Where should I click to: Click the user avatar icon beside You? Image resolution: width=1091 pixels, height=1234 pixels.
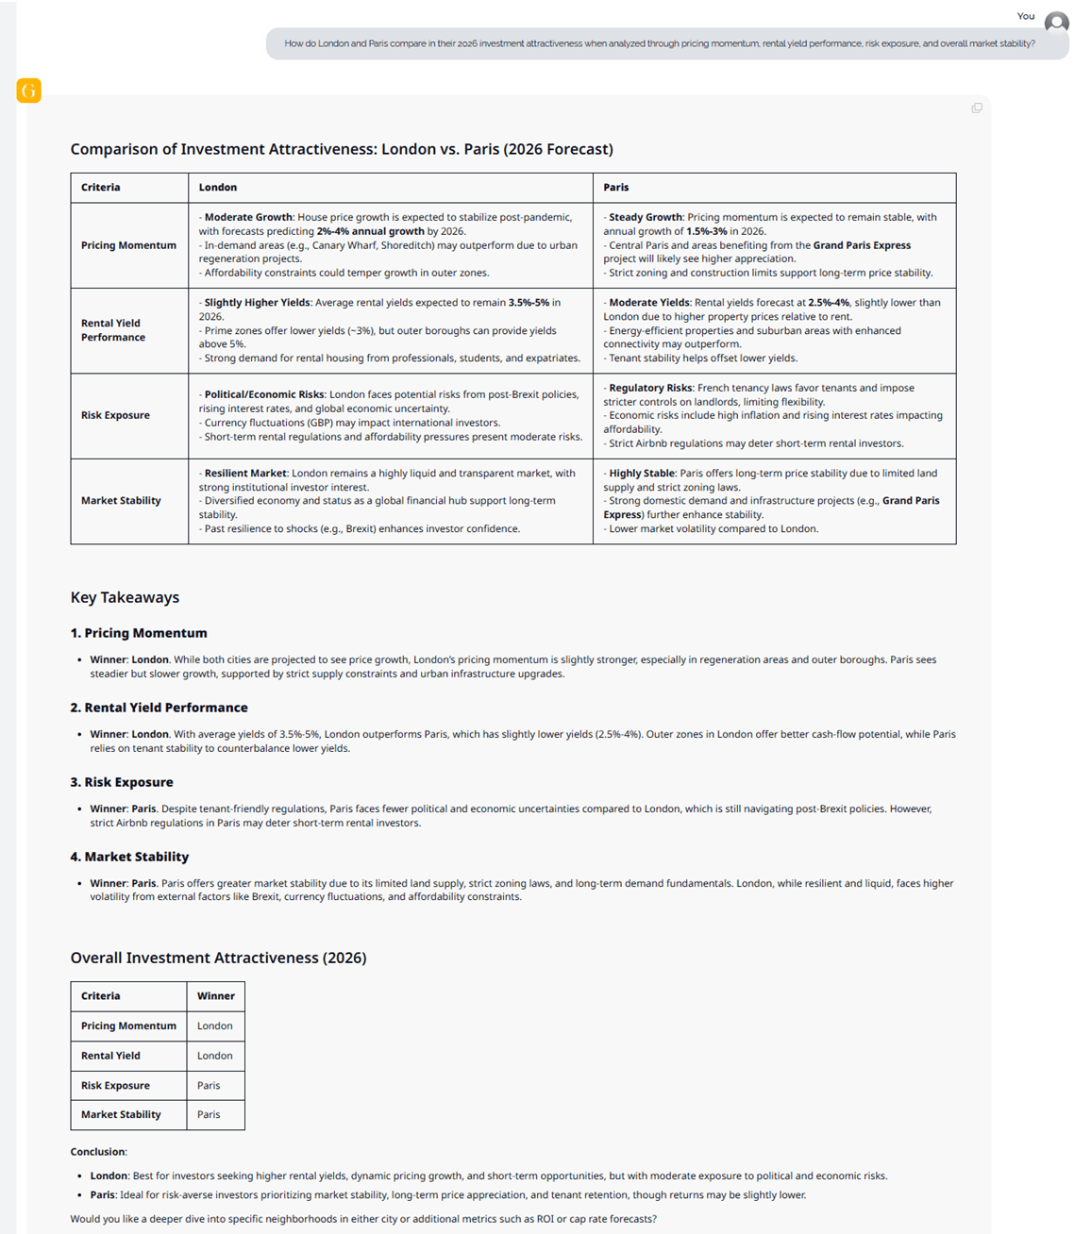1056,23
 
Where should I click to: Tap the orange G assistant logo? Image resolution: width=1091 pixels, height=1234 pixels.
29,91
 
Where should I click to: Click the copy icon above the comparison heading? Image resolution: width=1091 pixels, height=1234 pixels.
977,108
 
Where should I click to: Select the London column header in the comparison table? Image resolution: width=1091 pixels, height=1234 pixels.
218,188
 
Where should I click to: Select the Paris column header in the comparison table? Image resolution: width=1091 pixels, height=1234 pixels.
616,188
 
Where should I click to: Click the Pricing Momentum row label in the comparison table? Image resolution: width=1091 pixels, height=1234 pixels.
128,245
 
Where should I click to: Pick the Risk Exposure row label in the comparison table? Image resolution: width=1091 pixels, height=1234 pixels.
115,415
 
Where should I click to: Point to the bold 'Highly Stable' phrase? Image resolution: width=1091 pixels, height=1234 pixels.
641,474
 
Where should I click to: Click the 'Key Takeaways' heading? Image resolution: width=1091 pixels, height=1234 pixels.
125,597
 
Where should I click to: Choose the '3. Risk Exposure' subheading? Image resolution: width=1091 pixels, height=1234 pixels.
122,782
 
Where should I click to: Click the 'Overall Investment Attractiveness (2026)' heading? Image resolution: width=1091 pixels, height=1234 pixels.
218,958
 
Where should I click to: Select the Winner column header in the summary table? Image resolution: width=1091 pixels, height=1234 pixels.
216,996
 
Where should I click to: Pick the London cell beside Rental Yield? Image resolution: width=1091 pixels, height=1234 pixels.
215,1056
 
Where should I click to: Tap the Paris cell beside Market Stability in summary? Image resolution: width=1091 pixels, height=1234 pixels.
209,1114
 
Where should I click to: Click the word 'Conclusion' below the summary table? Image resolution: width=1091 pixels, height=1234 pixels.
97,1152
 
